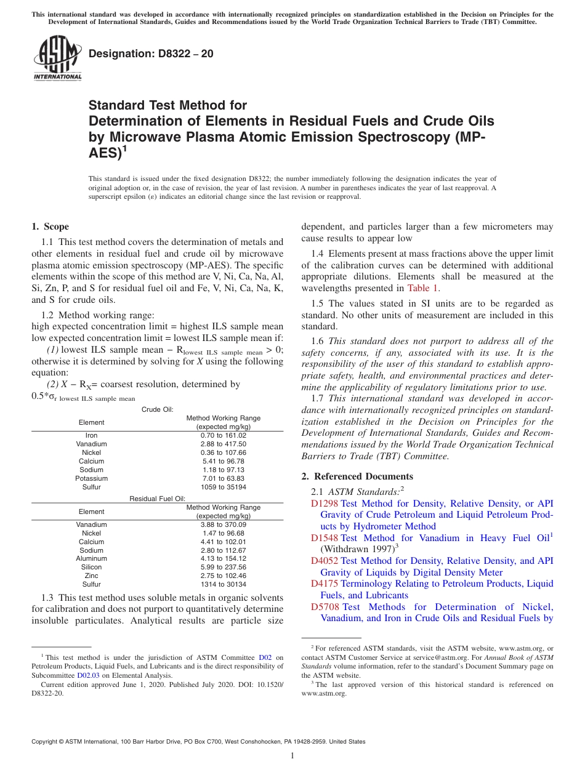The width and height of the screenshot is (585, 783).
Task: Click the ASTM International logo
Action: pos(57,58)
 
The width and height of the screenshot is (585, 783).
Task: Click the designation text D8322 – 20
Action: pos(151,54)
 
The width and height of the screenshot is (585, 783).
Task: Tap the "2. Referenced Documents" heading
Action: pos(357,476)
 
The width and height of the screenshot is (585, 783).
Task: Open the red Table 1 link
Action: pos(423,287)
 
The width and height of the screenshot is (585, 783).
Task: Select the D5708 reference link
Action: pos(325,606)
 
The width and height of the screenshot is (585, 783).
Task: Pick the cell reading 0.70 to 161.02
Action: pos(223,435)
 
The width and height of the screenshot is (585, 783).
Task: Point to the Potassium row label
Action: pos(91,478)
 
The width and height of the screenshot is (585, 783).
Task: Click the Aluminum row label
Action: pos(91,558)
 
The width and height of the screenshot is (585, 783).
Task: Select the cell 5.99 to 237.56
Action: pos(223,567)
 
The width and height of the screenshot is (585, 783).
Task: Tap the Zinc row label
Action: pos(91,576)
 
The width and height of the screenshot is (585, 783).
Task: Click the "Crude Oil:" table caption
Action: pos(157,409)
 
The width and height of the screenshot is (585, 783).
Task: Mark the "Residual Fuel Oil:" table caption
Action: pos(157,499)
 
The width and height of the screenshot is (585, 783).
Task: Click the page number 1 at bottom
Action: pos(292,755)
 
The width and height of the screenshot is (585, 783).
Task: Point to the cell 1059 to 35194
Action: pos(223,487)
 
